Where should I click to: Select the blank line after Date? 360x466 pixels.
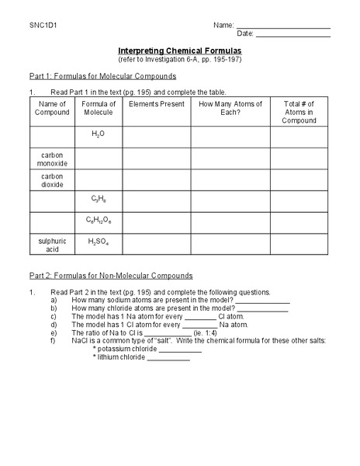292,36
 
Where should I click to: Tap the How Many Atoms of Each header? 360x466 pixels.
230,108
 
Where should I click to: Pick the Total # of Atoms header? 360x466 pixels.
299,112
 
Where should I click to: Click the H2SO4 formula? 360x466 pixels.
99,242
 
